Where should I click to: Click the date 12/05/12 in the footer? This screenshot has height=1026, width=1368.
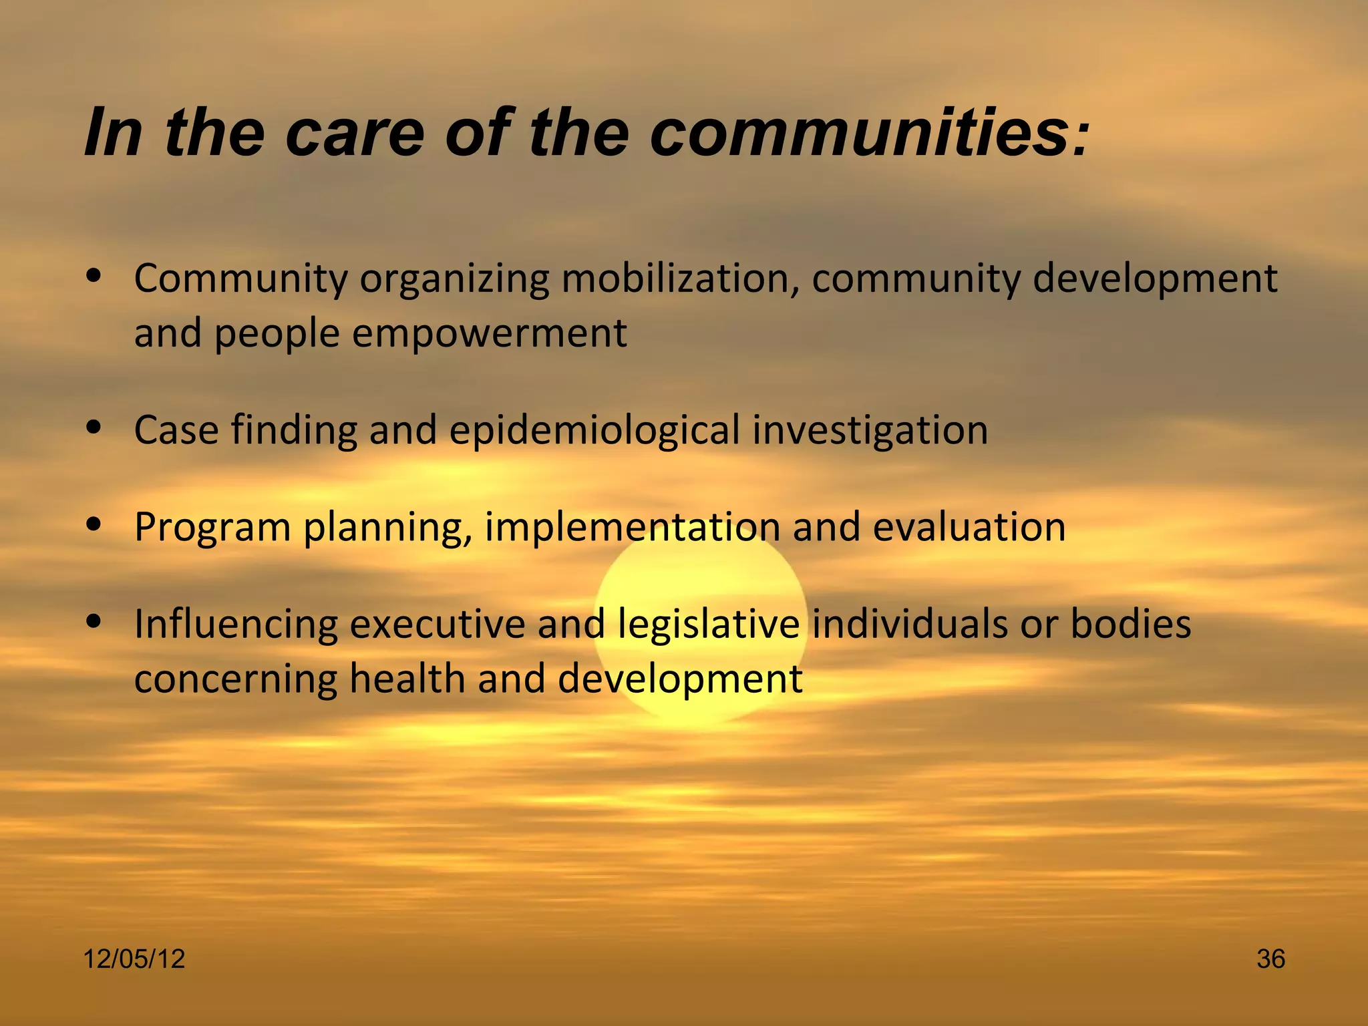coord(134,959)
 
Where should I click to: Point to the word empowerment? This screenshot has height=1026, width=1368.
coord(490,333)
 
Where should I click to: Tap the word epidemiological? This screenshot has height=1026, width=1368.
coord(594,430)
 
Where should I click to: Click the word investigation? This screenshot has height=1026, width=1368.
coord(870,430)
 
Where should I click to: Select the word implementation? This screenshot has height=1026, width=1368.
coord(632,528)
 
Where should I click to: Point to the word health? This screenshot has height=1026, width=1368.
coord(407,679)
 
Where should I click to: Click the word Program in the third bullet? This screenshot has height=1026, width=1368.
coord(212,528)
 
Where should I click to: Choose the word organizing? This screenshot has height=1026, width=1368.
coord(454,280)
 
